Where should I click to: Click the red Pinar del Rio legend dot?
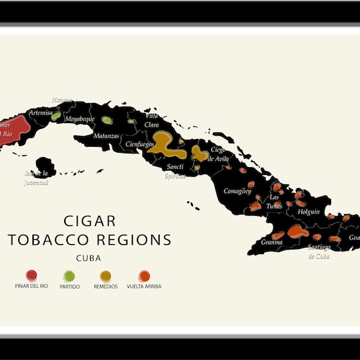31,275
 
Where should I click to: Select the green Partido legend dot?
69,276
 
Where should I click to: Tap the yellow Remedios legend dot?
106,276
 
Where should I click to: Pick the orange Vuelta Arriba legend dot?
144,276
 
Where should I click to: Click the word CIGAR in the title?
89,221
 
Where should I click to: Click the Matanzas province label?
106,135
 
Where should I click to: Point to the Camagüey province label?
237,192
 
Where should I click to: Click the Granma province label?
271,243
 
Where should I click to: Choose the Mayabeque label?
80,118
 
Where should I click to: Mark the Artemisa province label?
40,113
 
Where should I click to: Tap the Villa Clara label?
152,120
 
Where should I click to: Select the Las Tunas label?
274,200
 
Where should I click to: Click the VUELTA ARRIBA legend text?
144,287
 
